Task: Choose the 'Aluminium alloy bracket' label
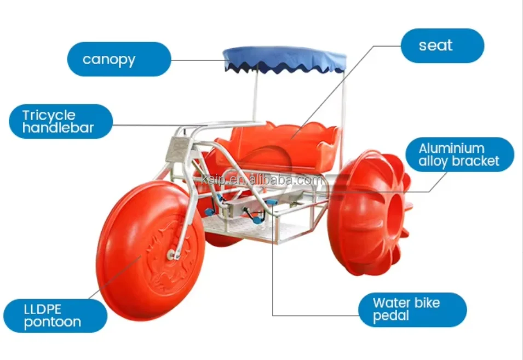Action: (459, 155)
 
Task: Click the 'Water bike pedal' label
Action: (412, 310)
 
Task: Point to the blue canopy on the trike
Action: (284, 58)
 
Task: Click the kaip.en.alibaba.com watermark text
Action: (263, 179)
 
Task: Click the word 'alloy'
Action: (433, 161)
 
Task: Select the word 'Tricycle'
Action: (49, 115)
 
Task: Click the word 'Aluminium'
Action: (451, 148)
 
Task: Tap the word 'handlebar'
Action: (58, 128)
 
